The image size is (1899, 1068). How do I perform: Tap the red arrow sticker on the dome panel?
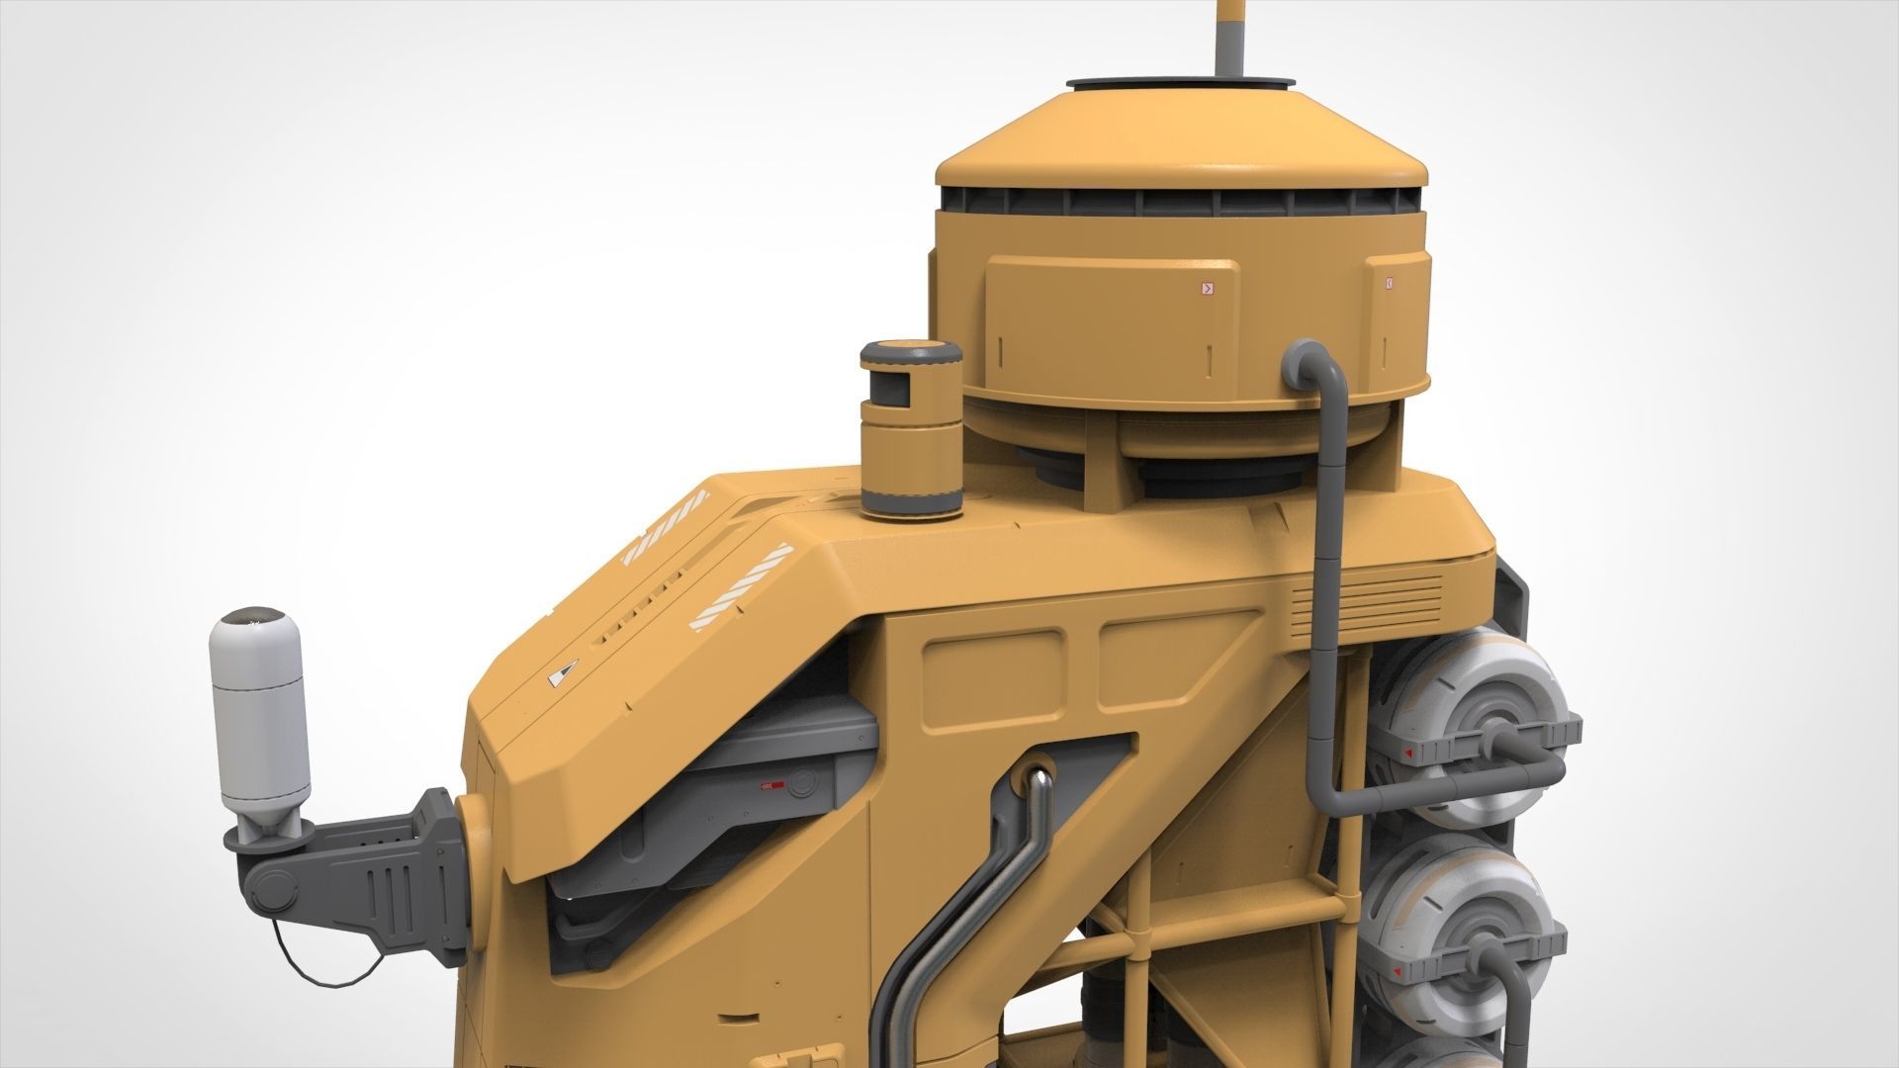(x=1206, y=289)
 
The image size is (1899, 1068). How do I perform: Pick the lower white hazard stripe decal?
(x=741, y=587)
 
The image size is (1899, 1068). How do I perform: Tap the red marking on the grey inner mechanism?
(x=771, y=786)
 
